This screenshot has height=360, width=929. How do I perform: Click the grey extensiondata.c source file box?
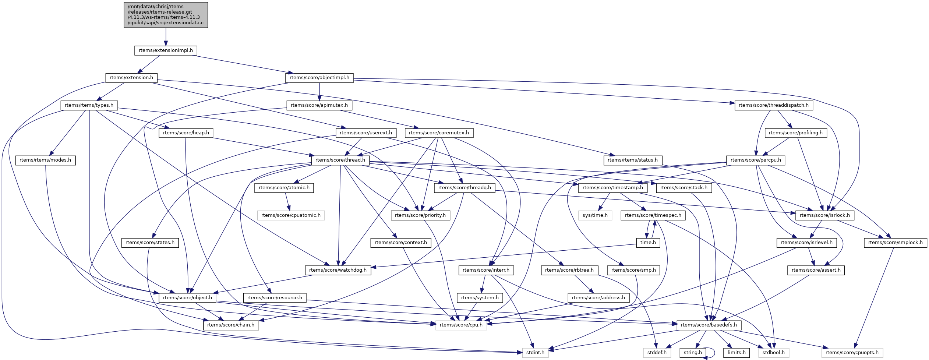click(x=166, y=15)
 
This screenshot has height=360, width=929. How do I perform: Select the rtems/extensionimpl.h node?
click(x=166, y=50)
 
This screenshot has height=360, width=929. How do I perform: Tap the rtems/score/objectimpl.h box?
click(x=319, y=78)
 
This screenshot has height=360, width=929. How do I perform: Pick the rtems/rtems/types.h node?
click(x=89, y=105)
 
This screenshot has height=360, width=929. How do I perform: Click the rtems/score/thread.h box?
click(x=340, y=160)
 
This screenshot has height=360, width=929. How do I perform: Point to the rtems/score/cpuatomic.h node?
click(x=291, y=215)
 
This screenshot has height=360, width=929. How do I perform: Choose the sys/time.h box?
click(x=595, y=215)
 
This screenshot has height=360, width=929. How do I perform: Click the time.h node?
click(x=648, y=243)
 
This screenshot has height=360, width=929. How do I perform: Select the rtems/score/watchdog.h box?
click(x=338, y=270)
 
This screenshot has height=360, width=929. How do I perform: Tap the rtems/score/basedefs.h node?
click(x=709, y=325)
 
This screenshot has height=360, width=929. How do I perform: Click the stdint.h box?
click(x=535, y=353)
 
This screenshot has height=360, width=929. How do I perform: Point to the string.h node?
click(x=693, y=353)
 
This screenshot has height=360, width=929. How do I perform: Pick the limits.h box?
click(x=737, y=353)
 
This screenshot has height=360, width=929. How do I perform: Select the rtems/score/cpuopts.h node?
click(x=852, y=353)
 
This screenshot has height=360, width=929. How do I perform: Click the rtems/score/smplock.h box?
click(x=895, y=243)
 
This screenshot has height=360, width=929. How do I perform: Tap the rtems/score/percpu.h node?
click(x=756, y=160)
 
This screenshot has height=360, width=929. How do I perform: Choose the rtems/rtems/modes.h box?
click(x=45, y=160)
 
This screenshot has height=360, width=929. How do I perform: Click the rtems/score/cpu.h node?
click(x=461, y=325)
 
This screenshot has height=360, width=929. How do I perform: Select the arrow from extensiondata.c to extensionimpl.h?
click(x=166, y=37)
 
